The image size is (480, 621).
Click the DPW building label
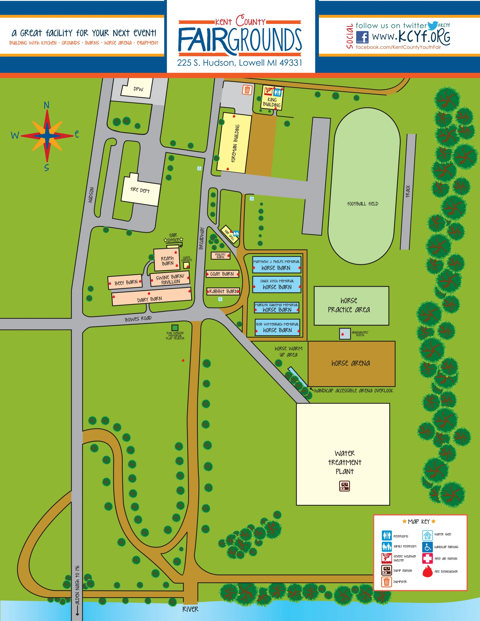[138, 89]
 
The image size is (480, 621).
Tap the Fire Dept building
[140, 190]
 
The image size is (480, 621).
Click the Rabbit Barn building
[223, 291]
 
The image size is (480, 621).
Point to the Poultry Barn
[220, 256]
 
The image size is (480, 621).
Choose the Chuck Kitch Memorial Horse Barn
[277, 284]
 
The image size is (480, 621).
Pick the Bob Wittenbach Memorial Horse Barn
[277, 327]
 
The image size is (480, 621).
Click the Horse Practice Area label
[349, 305]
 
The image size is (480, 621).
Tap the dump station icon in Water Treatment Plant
[344, 486]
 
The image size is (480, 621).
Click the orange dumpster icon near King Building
[247, 90]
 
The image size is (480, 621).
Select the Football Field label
[362, 204]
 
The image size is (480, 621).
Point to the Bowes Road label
[138, 319]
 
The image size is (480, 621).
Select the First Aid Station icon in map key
[427, 558]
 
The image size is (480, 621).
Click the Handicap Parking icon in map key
[427, 547]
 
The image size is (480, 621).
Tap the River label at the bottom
[190, 609]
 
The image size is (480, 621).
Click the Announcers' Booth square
[345, 334]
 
